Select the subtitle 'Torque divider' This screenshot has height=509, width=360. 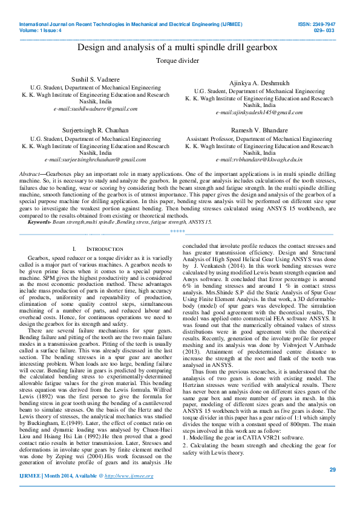tap(177, 61)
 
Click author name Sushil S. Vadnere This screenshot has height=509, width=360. tap(96, 80)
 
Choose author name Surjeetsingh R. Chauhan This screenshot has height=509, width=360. tap(96, 131)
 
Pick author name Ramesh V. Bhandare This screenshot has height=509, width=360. tap(259, 131)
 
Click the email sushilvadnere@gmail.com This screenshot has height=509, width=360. tap(96, 109)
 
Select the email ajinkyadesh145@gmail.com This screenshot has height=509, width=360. tap(259, 112)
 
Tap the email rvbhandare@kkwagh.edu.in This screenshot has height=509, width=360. tap(259, 160)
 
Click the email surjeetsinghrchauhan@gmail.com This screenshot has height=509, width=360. tap(96, 160)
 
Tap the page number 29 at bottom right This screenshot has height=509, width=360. tap(332, 470)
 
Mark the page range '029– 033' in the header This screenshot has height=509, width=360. tap(325, 29)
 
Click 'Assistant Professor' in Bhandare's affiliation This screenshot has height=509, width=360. tap(210, 138)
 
